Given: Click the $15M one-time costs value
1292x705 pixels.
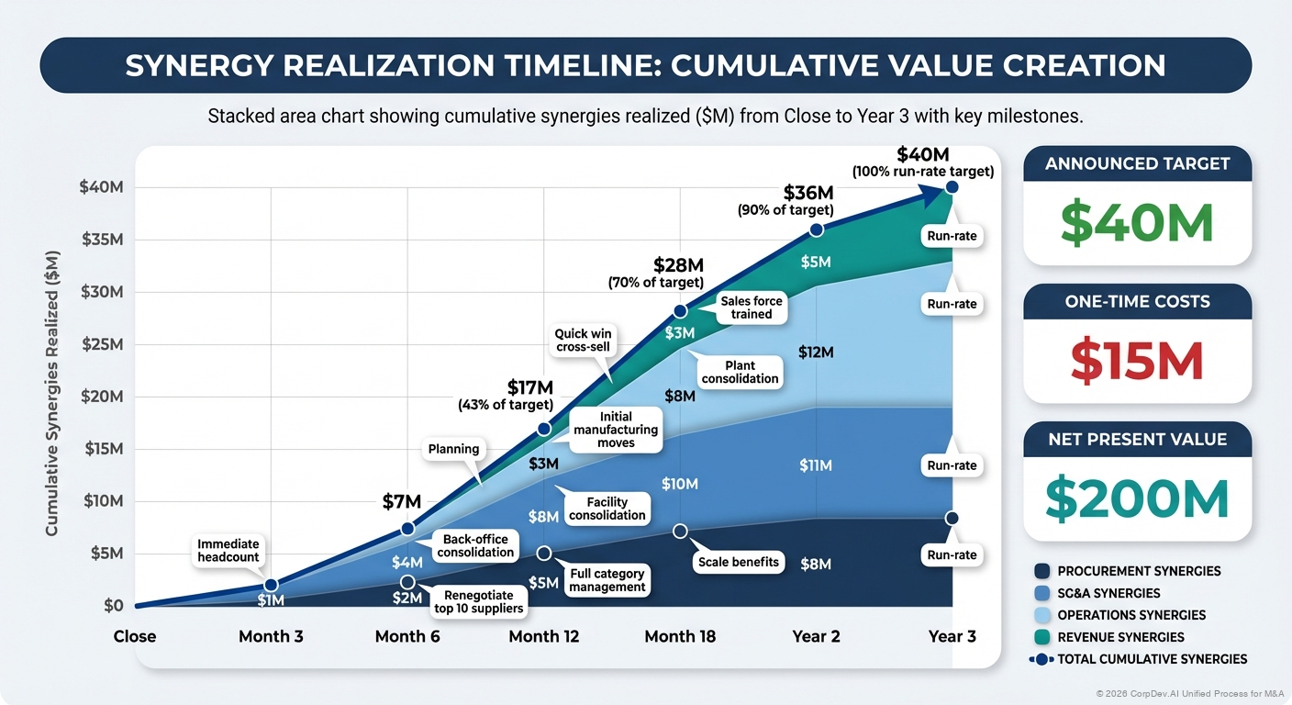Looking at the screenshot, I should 1137,361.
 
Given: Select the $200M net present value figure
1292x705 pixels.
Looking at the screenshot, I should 1137,498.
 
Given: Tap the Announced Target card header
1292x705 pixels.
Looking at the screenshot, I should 1137,163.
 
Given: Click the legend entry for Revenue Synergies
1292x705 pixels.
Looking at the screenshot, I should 1119,637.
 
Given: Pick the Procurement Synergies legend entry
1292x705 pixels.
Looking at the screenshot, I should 1138,571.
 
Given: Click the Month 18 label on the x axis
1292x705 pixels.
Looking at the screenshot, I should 680,636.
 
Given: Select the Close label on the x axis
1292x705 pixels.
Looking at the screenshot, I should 135,636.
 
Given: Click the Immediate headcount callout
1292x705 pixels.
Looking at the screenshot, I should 228,550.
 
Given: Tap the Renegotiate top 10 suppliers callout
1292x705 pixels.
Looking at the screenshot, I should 478,601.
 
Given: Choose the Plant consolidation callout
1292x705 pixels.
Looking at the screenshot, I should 740,372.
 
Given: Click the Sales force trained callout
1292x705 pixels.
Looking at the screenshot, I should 752,308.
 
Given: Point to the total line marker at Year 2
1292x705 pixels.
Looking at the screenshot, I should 817,229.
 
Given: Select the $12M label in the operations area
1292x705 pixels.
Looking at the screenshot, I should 816,352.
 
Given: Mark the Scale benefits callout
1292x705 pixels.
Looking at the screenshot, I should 738,562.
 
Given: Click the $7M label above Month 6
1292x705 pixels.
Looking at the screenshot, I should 401,501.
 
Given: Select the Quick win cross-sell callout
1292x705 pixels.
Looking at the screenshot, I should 584,341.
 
